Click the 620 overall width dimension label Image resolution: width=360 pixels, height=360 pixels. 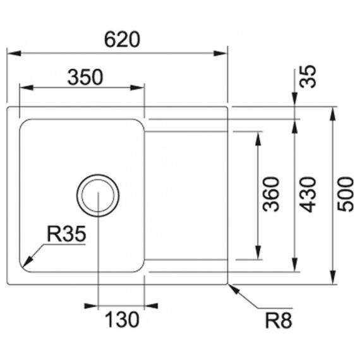122,40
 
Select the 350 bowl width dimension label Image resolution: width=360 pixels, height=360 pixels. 85,77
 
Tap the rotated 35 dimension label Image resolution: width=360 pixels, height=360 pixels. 308,76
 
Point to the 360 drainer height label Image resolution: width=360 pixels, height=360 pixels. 271,194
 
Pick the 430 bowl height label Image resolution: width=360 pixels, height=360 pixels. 308,195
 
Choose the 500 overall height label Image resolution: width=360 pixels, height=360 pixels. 345,194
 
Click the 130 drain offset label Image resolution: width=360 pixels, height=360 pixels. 122,320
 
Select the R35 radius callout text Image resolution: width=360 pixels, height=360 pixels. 66,234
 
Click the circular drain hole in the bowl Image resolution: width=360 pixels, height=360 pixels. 98,174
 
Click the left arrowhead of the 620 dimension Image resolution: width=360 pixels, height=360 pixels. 14,54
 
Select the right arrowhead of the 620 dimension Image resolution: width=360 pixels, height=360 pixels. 220,54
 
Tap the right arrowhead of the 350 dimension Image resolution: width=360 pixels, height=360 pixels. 137,88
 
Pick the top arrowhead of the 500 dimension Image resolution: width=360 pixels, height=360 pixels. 333,114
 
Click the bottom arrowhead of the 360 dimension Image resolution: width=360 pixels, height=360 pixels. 258,253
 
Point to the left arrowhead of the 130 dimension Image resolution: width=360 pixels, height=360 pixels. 91,306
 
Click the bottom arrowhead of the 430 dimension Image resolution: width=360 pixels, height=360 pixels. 294,265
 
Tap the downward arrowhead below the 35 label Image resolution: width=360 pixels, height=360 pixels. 294,100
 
